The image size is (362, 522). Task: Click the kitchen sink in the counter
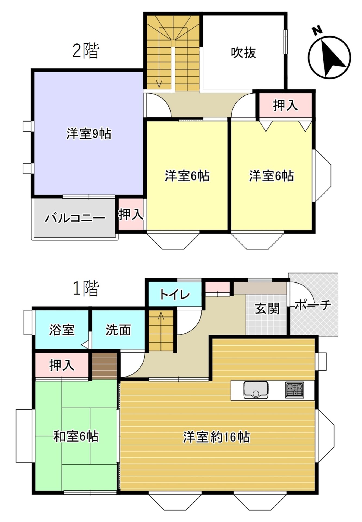tap(256, 390)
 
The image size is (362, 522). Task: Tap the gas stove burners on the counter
tap(295, 390)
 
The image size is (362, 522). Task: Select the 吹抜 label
tap(243, 52)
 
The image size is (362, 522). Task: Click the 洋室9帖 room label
tap(89, 134)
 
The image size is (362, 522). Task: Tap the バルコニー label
tap(75, 218)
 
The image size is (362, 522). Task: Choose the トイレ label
tap(175, 294)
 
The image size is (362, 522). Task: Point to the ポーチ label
tap(313, 305)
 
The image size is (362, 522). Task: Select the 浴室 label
tap(62, 330)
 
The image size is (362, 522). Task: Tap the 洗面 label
tap(118, 330)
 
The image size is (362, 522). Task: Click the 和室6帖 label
tap(76, 436)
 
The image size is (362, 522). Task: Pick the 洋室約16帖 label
tap(216, 437)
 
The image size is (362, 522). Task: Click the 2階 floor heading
tap(86, 51)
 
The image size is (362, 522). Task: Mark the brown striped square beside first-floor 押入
tap(105, 366)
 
